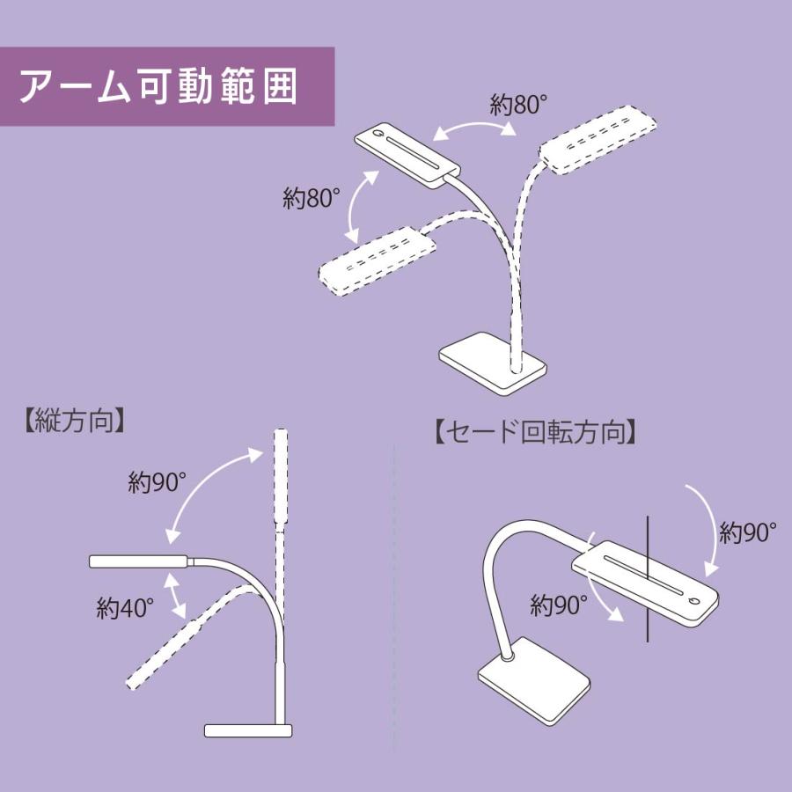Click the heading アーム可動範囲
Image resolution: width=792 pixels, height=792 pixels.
click(158, 86)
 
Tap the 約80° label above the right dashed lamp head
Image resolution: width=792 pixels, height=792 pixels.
click(518, 106)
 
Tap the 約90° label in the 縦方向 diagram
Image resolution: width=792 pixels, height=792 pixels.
click(157, 482)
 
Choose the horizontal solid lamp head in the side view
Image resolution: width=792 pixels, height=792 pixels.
click(139, 561)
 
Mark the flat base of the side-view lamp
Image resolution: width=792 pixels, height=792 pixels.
click(248, 730)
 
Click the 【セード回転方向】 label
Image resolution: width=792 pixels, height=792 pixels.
click(535, 433)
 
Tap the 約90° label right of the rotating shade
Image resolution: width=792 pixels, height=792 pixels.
click(747, 532)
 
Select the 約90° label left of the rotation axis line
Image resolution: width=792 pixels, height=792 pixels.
click(559, 605)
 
